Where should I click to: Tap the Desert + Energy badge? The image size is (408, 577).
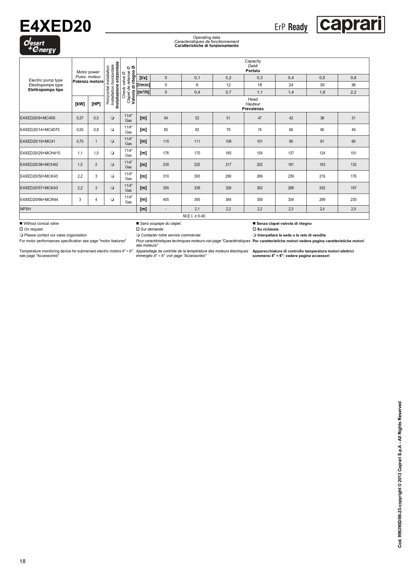coord(40,45)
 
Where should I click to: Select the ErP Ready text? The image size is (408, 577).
coord(291,27)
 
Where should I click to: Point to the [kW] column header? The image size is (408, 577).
coord(80,104)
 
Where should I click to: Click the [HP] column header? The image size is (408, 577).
coord(96,104)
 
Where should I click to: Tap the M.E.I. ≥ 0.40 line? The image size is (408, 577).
coord(194,216)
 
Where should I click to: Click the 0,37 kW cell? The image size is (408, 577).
coord(80,118)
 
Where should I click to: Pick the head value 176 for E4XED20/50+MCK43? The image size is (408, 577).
coord(353,176)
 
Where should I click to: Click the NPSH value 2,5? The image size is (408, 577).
coord(353,209)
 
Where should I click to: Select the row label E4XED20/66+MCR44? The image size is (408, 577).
coord(39,199)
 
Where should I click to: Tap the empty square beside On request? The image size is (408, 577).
coord(21,229)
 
